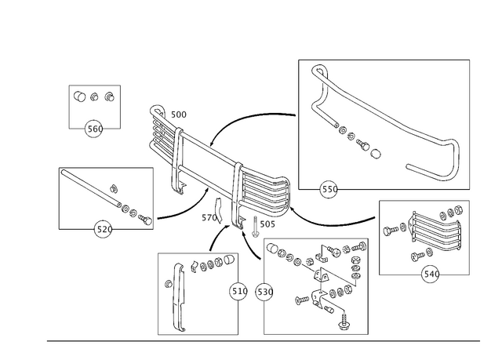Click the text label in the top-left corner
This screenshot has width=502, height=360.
[93, 97]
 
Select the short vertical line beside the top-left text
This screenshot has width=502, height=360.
[122, 111]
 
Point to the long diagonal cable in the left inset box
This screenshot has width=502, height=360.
[106, 197]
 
